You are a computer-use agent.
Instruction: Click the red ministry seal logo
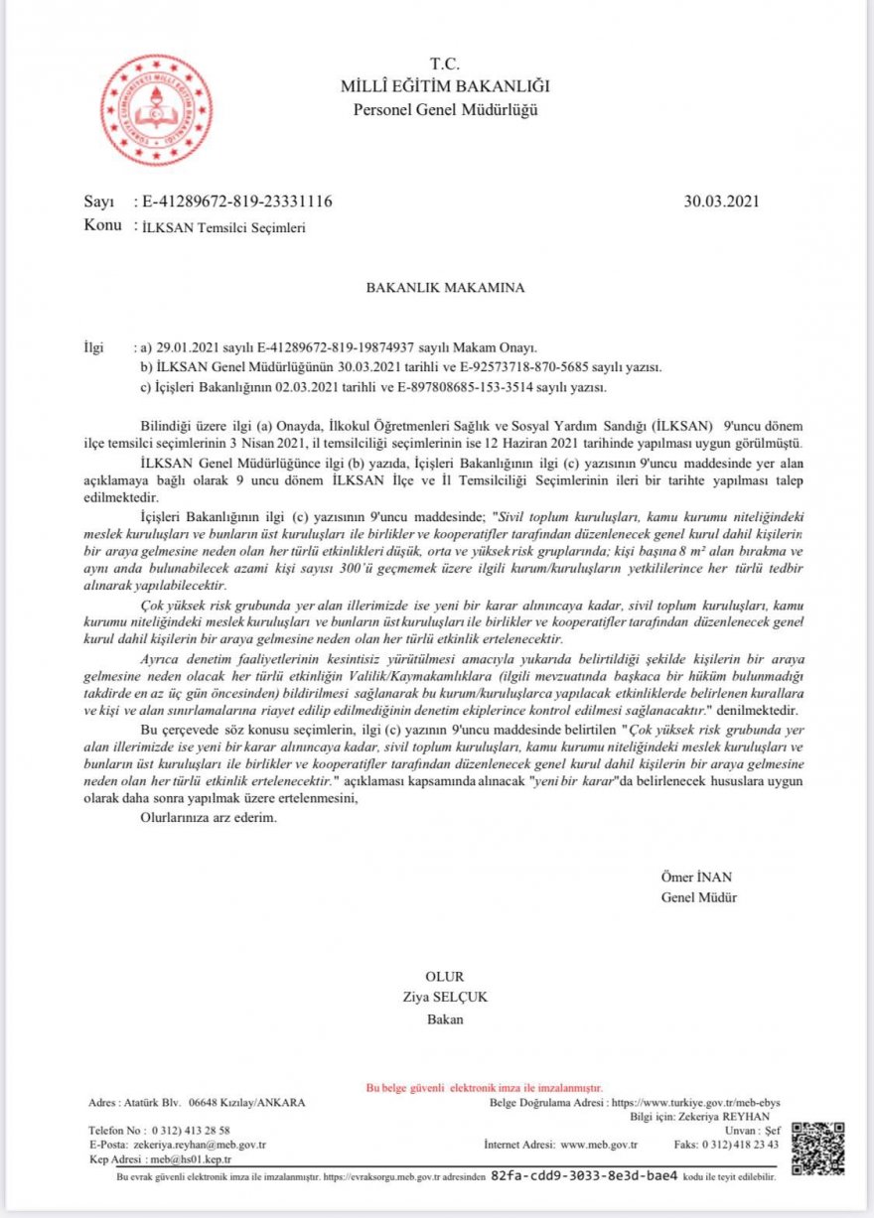pos(156,110)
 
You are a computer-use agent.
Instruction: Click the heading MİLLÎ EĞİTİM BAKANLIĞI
pos(444,87)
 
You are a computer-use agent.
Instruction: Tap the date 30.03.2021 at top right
pos(721,202)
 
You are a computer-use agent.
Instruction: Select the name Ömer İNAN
pos(695,878)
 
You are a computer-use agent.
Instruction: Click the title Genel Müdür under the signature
pos(699,898)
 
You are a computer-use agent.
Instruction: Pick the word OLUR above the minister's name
pos(444,977)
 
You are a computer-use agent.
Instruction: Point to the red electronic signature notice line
pos(485,1088)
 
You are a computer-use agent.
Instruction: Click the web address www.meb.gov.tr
pos(599,1145)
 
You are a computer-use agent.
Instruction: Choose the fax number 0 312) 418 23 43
pos(740,1145)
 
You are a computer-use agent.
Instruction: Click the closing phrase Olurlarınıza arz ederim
pos(208,819)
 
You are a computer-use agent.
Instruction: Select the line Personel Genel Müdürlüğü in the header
pos(445,109)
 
